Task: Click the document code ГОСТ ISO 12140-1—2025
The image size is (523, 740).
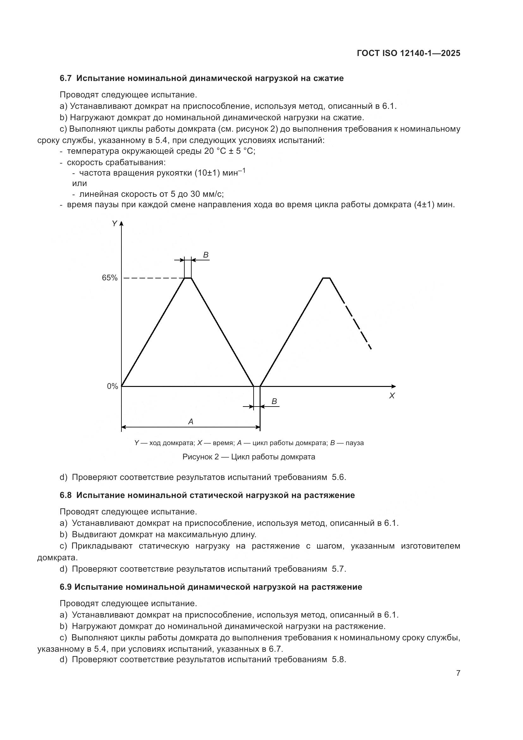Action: [x=408, y=53]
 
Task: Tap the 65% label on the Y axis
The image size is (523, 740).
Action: [x=109, y=278]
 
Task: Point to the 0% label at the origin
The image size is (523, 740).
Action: [x=112, y=386]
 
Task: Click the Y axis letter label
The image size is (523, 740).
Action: [x=114, y=224]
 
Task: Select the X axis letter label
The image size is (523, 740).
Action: [x=391, y=396]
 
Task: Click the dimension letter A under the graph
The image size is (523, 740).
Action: [x=191, y=421]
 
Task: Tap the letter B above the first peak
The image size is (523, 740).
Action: [x=206, y=255]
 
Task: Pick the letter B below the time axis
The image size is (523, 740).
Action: [x=274, y=401]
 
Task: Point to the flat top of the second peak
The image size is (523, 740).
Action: [x=326, y=277]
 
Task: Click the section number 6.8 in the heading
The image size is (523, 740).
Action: [x=65, y=495]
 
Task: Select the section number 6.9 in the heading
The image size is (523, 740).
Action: [x=65, y=587]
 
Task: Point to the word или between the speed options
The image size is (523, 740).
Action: [x=80, y=183]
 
